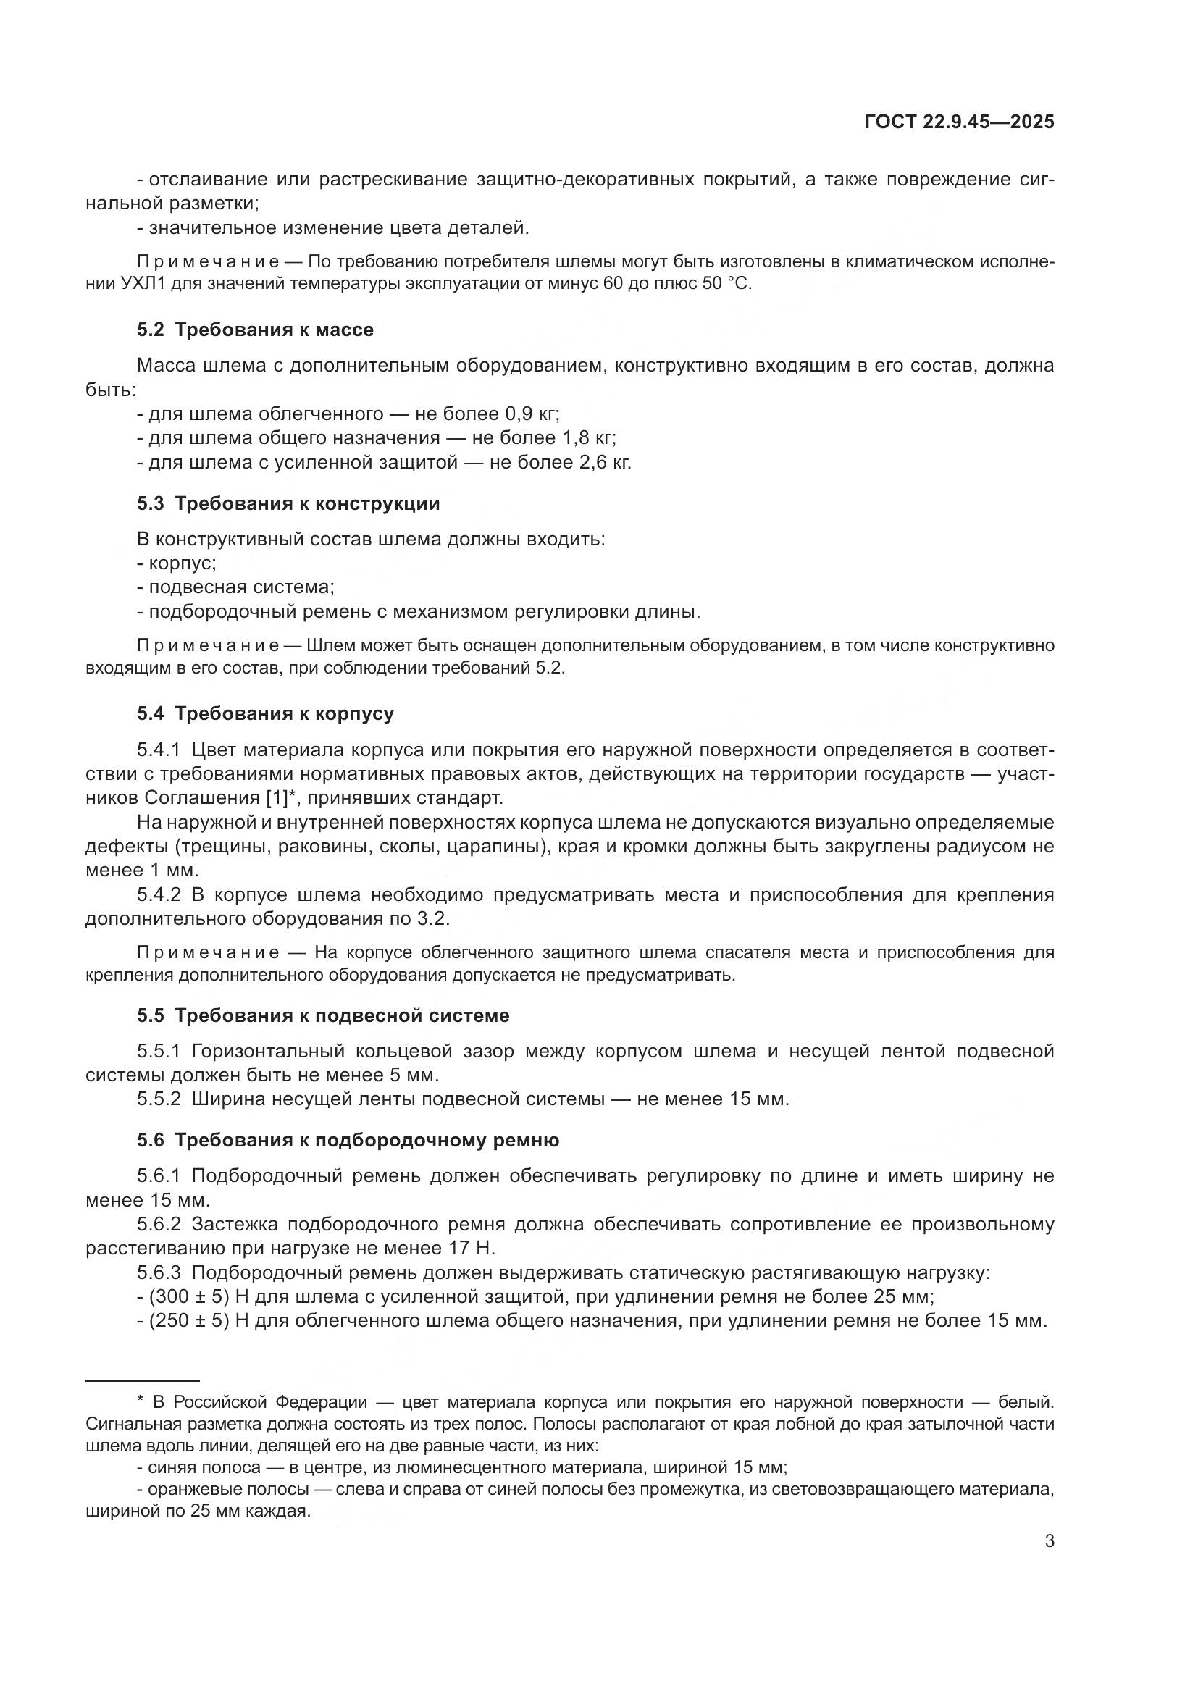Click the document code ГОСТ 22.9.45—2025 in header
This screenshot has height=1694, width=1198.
[958, 122]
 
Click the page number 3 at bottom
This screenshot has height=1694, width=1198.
[1049, 1540]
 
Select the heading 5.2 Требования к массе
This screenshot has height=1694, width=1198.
[254, 330]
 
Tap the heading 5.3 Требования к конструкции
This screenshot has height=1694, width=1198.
[288, 504]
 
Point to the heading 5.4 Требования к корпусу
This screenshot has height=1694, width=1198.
[265, 713]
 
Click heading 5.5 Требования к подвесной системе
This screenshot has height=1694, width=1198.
[322, 1015]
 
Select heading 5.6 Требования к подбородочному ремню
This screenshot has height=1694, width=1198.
[348, 1140]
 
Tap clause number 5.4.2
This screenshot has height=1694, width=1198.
[159, 895]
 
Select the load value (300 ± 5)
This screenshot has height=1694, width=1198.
[189, 1296]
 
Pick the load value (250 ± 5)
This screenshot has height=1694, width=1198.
[189, 1320]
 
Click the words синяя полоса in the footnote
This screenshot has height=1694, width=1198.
[204, 1467]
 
